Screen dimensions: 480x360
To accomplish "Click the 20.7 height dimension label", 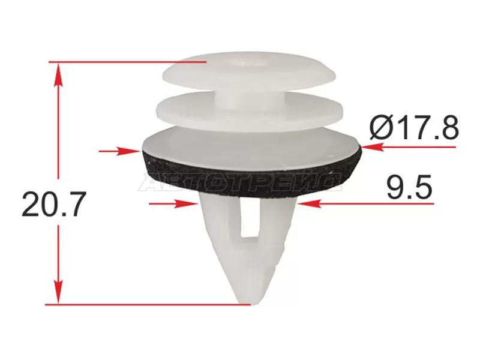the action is pos(52,204).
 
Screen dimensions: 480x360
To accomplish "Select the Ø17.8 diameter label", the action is pos(414,127).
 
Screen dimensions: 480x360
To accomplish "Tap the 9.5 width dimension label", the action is pos(410,187).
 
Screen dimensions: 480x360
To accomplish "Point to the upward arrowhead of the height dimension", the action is pos(58,76).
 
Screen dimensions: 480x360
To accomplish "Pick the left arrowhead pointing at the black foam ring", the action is pos(128,151).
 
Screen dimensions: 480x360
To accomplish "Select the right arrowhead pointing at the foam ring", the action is pos(373,147).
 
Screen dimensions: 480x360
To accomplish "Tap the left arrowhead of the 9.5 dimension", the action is pos(185,203).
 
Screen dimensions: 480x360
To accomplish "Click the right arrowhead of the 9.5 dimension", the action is pos(309,203).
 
